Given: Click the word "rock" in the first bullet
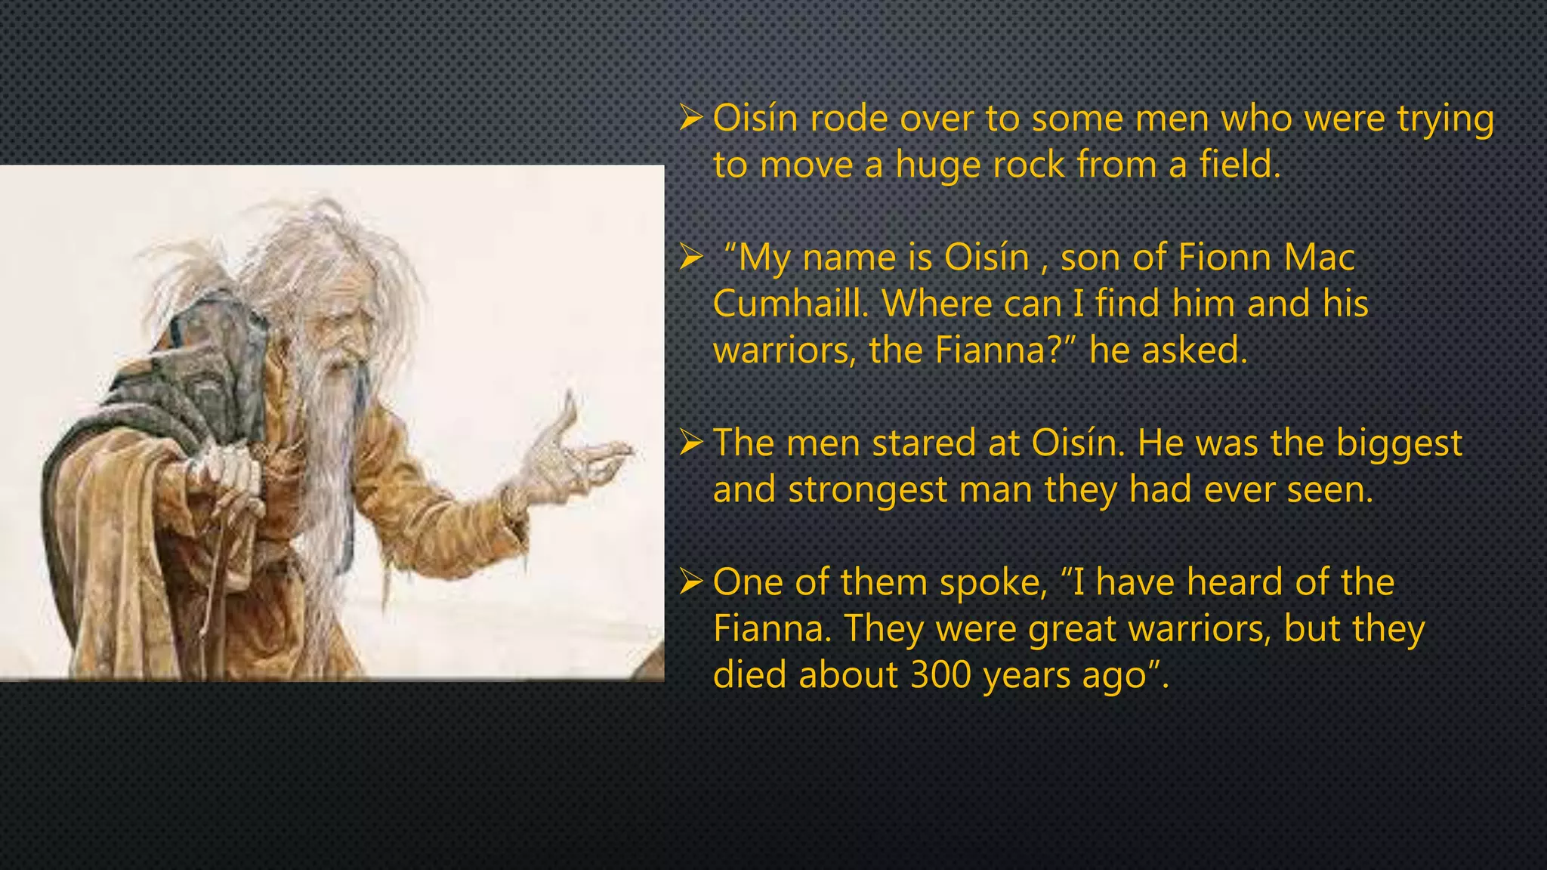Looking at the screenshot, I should point(1028,165).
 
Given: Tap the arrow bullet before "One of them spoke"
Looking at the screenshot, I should point(691,582).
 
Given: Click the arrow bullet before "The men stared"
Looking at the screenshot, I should point(691,443).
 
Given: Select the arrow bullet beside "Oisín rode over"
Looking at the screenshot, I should point(691,119).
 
